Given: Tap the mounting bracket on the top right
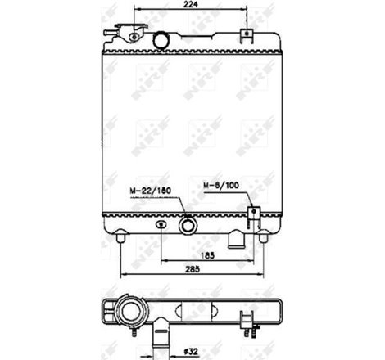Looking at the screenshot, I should click(x=245, y=35).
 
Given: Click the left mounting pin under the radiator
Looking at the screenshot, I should click(x=122, y=238).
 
